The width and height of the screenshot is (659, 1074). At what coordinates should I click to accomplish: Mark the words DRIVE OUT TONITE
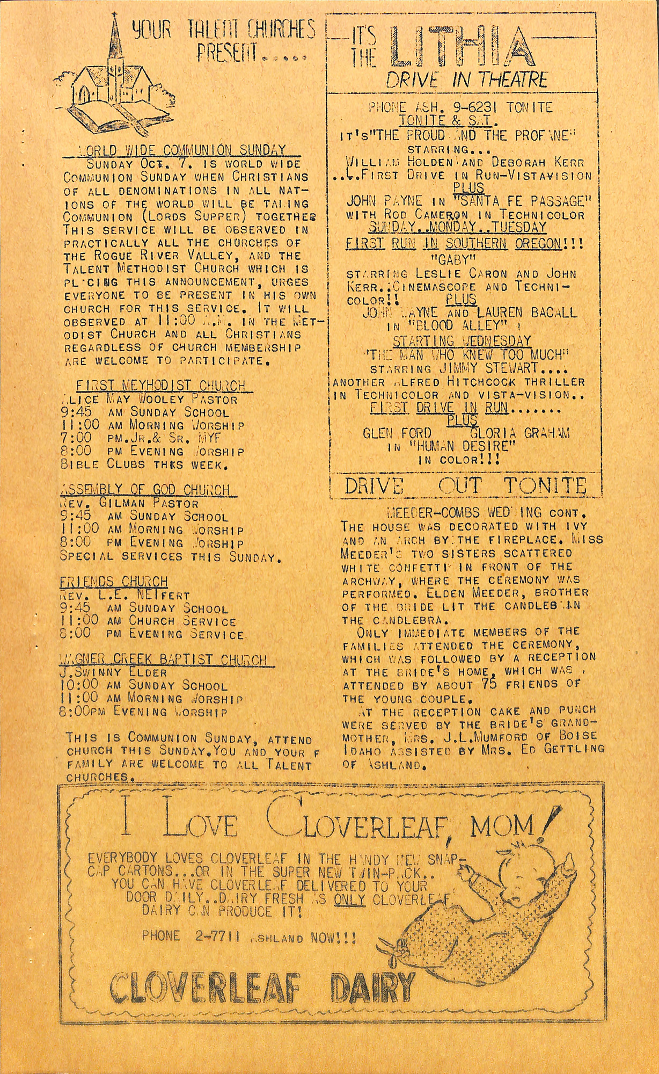tap(465, 486)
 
